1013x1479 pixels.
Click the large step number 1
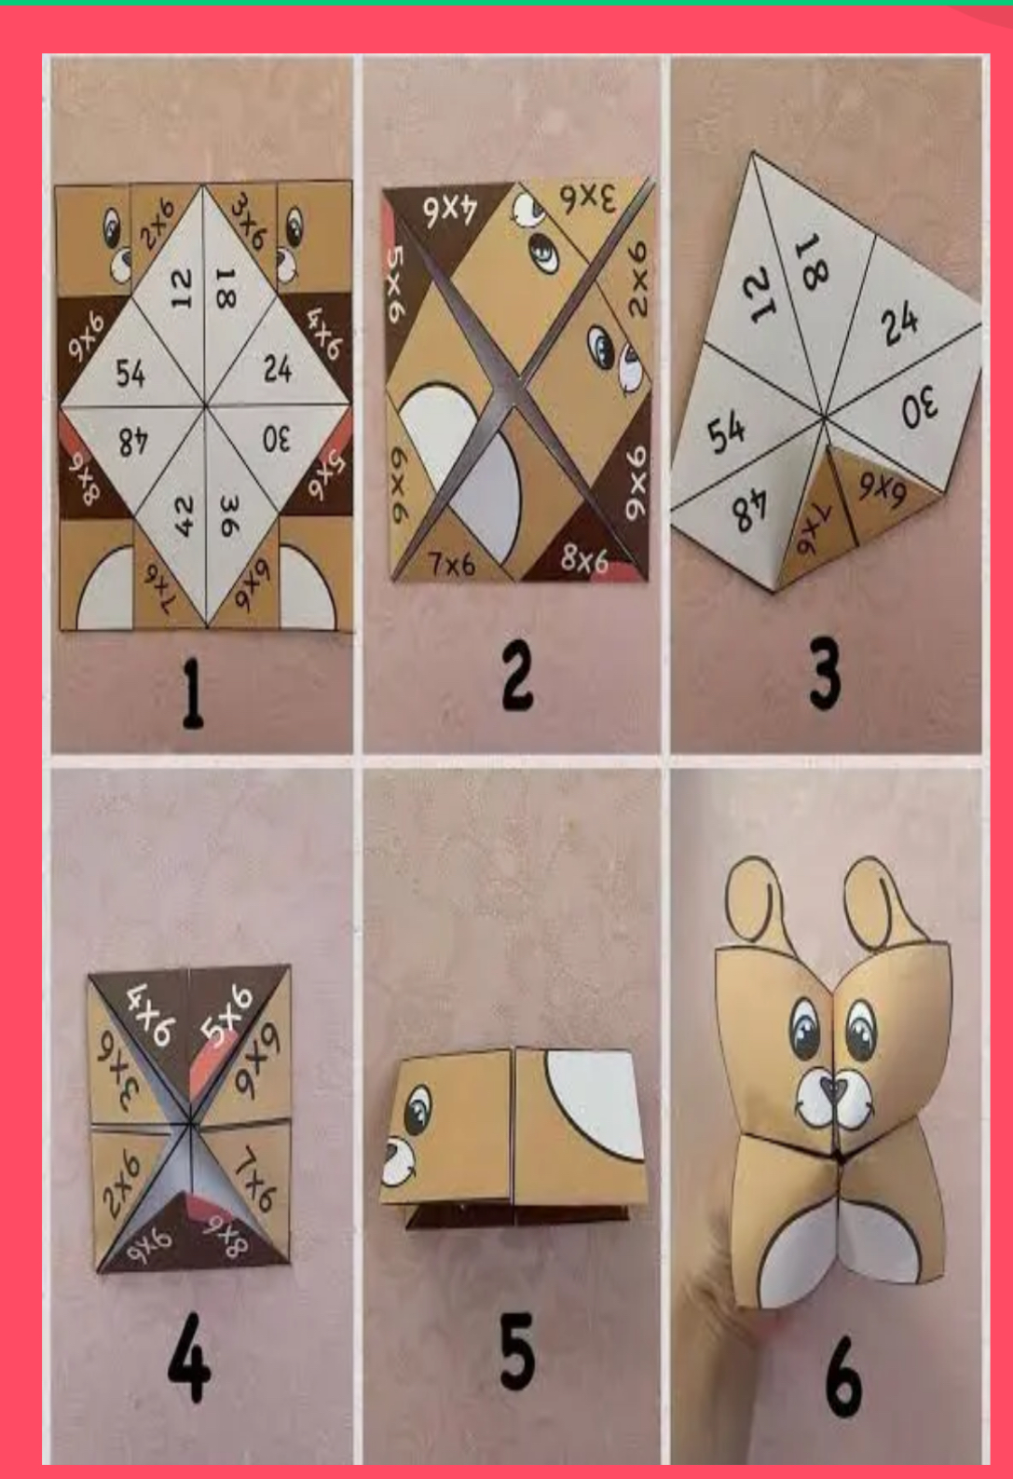coord(192,695)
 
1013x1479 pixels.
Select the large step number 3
coord(825,674)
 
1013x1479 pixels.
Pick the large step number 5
coord(517,1349)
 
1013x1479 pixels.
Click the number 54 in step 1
coord(130,374)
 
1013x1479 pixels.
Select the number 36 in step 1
coord(227,515)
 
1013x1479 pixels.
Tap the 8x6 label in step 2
coord(585,557)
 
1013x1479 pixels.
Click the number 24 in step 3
coord(900,323)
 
